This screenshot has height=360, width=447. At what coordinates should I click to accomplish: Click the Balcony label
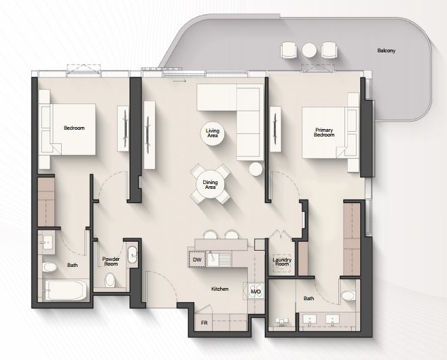click(x=387, y=51)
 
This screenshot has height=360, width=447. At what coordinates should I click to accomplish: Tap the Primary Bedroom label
click(x=324, y=132)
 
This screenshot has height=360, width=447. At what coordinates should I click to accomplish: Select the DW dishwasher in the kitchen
click(x=197, y=259)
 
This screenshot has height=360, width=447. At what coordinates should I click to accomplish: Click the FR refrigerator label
click(x=204, y=323)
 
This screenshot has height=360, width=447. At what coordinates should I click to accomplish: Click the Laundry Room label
click(x=282, y=262)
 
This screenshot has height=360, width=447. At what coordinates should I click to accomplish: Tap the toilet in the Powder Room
click(x=110, y=280)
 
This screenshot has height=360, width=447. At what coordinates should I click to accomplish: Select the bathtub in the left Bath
click(x=67, y=290)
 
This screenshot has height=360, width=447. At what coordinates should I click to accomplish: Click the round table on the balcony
click(x=309, y=50)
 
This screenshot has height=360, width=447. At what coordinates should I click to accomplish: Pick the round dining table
click(x=211, y=185)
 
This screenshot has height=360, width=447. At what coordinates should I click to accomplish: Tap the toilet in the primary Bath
click(x=348, y=295)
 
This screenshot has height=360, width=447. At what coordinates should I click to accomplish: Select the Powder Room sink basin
click(x=132, y=254)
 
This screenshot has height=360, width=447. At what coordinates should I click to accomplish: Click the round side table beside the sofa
click(x=255, y=169)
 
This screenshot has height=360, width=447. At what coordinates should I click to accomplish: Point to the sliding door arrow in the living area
click(x=179, y=81)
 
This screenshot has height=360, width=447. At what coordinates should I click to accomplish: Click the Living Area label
click(x=213, y=133)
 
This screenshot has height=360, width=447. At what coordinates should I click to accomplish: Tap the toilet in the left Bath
click(x=50, y=267)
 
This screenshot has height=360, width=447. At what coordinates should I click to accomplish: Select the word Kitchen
click(x=220, y=289)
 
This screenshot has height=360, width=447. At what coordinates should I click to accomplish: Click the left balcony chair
click(x=289, y=50)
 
